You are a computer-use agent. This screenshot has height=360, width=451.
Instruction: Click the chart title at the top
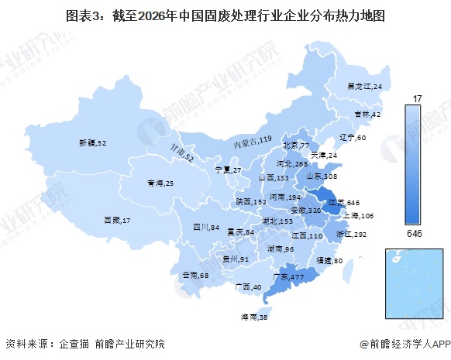pyautogui.click(x=225, y=14)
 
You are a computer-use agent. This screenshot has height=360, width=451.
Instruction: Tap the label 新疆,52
pyautogui.click(x=92, y=143)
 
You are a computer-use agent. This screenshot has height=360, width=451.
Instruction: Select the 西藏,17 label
pyautogui.click(x=117, y=221)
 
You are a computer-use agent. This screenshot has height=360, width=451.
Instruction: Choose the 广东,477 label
pyautogui.click(x=288, y=276)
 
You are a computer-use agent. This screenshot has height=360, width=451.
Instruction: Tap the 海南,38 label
pyautogui.click(x=253, y=317)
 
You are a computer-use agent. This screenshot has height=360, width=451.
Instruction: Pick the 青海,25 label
pyautogui.click(x=160, y=183)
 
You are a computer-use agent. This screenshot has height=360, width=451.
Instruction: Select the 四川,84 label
pyautogui.click(x=207, y=228)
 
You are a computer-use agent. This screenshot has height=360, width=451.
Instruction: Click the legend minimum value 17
pyautogui.click(x=417, y=98)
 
